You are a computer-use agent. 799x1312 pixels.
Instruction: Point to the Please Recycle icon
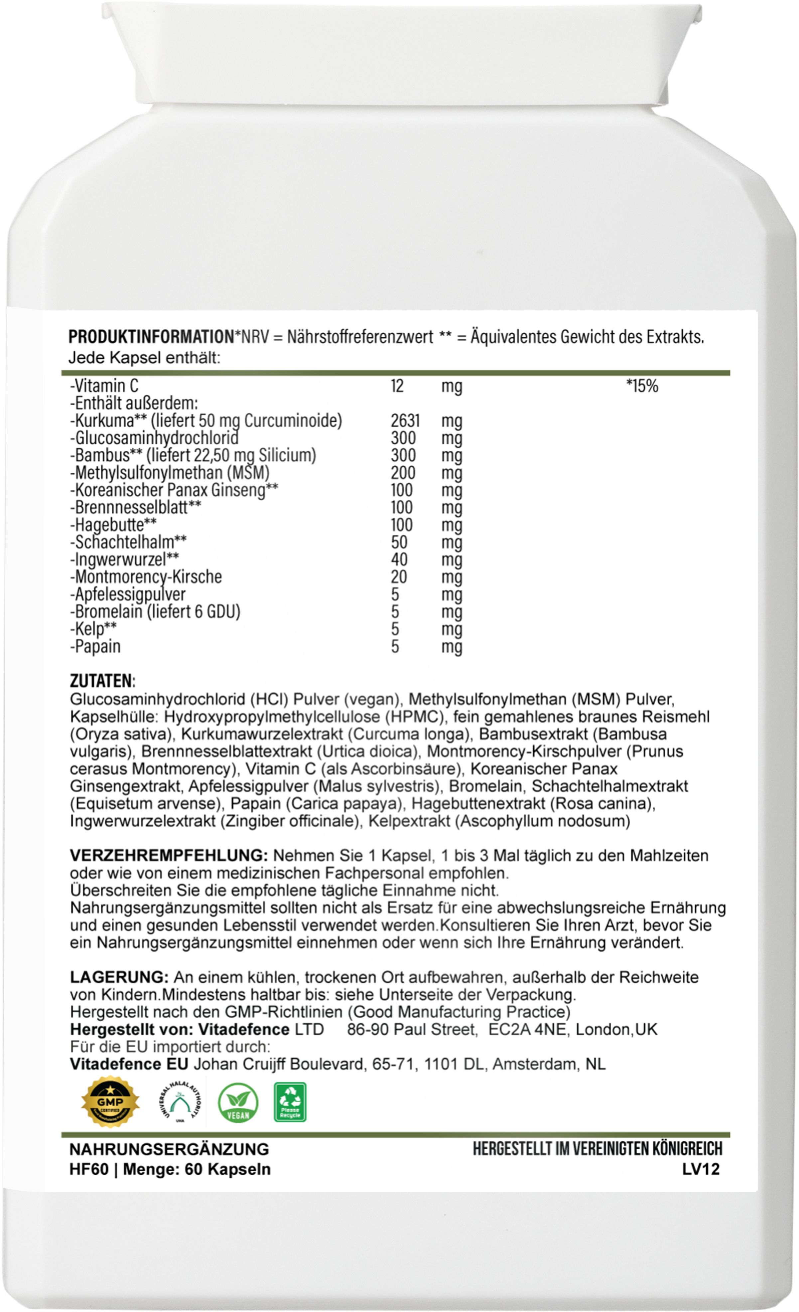pyautogui.click(x=290, y=1102)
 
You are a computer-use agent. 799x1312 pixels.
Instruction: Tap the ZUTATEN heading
pyautogui.click(x=102, y=681)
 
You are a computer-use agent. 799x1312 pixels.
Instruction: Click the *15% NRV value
pyautogui.click(x=642, y=386)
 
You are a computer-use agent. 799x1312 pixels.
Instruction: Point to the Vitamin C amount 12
pyautogui.click(x=397, y=386)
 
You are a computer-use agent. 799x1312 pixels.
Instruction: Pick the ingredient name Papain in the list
pyautogui.click(x=96, y=646)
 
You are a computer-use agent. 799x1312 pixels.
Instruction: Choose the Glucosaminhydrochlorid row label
pyautogui.click(x=154, y=438)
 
